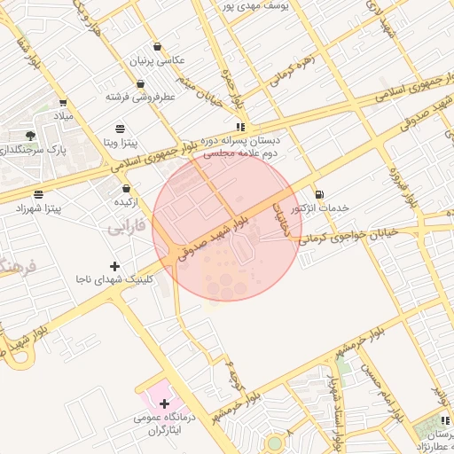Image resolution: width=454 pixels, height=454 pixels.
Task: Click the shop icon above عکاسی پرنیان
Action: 157,47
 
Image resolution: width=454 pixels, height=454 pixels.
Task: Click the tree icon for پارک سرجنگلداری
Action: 31,136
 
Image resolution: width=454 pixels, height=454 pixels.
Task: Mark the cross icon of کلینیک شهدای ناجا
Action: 113,265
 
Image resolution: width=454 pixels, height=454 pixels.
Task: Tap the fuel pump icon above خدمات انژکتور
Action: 318,193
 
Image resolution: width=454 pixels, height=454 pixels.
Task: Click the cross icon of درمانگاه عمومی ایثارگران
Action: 164,403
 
